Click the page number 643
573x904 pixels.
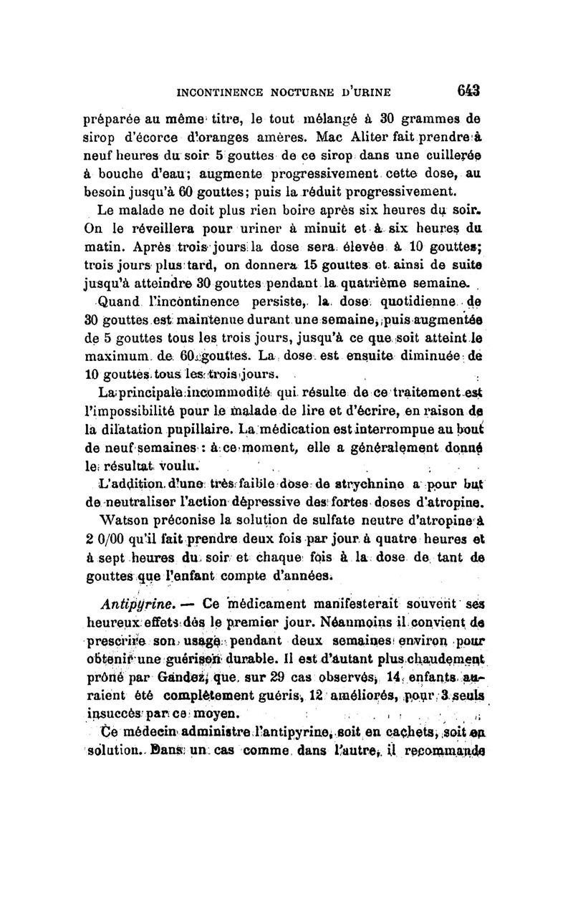click(464, 91)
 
